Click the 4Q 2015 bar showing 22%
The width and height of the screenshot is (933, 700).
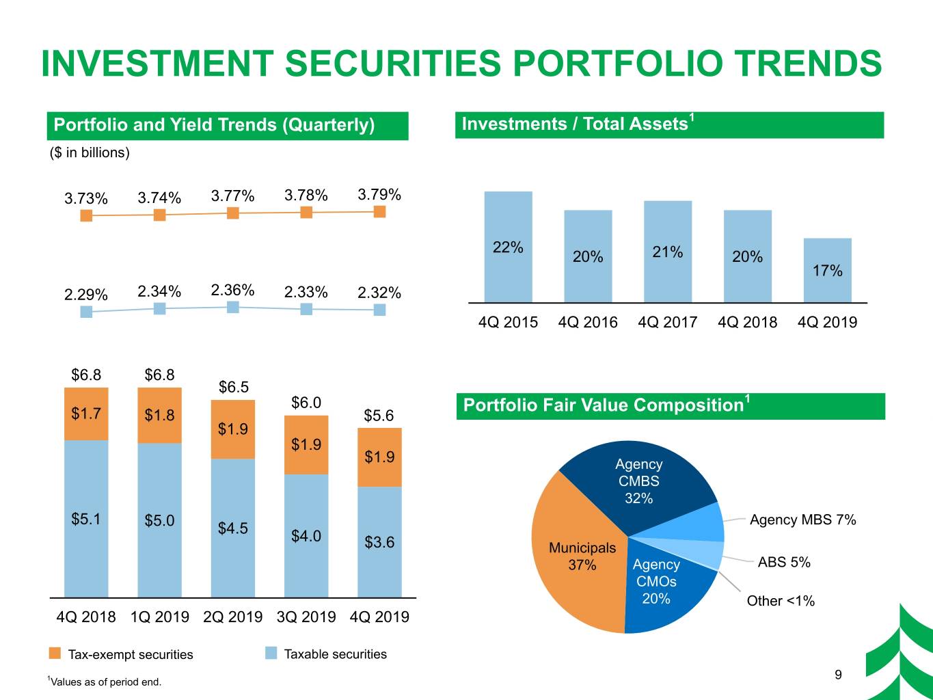click(x=508, y=247)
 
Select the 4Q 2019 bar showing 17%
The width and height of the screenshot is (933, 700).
click(x=827, y=270)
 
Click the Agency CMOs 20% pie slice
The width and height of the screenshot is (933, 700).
click(x=663, y=591)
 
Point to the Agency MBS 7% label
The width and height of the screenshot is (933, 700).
click(x=802, y=520)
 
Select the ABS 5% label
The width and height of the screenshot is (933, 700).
click(x=784, y=562)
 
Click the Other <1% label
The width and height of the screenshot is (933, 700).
click(x=781, y=601)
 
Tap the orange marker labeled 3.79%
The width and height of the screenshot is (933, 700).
click(x=379, y=211)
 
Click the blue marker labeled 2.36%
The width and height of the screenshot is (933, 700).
click(x=233, y=307)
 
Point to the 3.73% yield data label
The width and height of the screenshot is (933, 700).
click(x=86, y=198)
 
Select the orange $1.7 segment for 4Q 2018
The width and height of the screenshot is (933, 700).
click(x=86, y=414)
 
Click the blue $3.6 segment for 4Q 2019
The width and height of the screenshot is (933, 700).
click(x=379, y=542)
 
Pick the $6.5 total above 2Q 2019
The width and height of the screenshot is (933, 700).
click(x=233, y=387)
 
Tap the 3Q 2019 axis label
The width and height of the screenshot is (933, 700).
click(x=306, y=617)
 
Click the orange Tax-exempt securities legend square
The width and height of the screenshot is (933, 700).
click(x=55, y=654)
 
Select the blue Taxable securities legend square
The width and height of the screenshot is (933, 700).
click(x=271, y=653)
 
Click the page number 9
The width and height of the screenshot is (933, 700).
click(x=838, y=675)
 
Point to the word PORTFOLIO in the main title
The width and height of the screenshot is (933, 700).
click(x=618, y=64)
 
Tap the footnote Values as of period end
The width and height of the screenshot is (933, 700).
click(x=105, y=682)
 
